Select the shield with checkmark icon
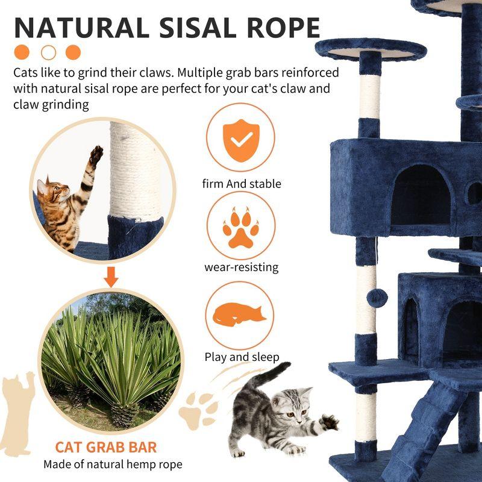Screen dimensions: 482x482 (x=240, y=140)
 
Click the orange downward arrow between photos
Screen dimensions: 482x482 (x=110, y=277)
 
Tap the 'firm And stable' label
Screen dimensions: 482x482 (x=242, y=184)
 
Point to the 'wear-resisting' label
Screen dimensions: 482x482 (x=241, y=267)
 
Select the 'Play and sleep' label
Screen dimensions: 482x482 (x=242, y=357)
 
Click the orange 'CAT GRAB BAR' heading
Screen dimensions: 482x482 (x=106, y=447)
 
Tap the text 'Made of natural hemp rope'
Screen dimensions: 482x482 (x=113, y=465)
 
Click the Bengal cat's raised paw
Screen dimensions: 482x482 (x=95, y=155)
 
